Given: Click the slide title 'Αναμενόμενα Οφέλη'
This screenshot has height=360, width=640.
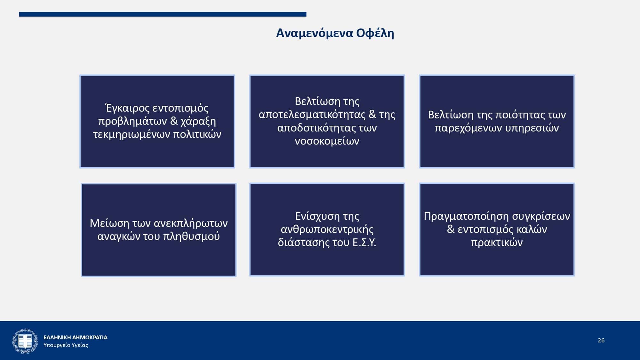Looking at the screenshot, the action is tap(335, 33).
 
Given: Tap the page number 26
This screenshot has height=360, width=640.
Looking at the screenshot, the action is tap(601, 340).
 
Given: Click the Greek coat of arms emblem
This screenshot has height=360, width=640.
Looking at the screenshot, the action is tap(25, 341).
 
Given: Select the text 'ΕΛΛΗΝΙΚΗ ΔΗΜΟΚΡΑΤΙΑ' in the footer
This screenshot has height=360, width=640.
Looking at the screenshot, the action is tap(76, 337).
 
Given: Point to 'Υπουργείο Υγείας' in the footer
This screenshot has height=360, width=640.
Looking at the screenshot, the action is tap(66, 345).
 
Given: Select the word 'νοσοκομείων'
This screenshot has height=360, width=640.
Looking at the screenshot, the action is tap(327, 141).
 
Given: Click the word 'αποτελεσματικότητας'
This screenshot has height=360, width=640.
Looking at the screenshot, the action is tap(312, 115).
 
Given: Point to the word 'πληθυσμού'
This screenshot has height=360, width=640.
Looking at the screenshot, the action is tap(191, 236).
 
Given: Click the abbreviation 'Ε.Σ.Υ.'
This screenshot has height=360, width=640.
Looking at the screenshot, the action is tap(364, 243).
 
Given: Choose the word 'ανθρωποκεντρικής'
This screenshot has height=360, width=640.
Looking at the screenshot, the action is tap(327, 229).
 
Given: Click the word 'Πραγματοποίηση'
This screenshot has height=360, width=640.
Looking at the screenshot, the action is tap(467, 217).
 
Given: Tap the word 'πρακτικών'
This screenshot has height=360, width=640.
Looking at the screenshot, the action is tap(497, 243).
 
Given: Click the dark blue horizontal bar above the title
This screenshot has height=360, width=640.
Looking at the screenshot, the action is tap(163, 14).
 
